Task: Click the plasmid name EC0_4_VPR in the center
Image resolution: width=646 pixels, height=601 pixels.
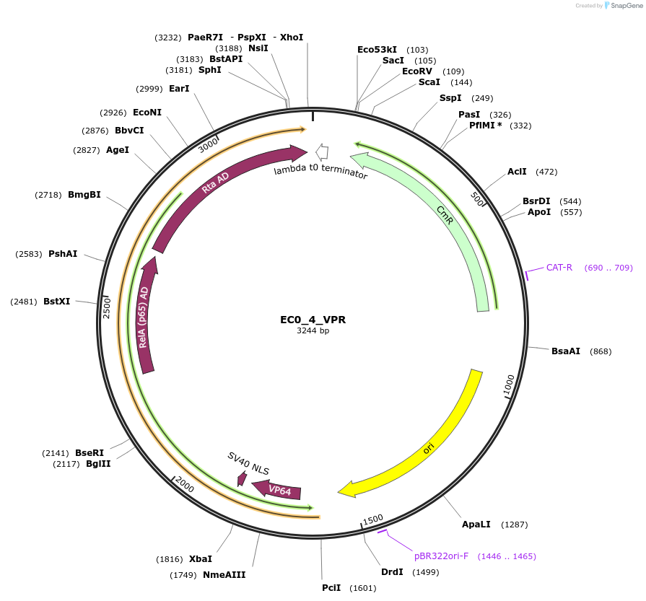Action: pos(313,319)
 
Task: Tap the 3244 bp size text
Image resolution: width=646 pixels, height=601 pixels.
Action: pos(313,331)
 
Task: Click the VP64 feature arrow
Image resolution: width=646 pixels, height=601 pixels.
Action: pos(278,491)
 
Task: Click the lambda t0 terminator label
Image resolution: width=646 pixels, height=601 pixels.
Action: pos(320,172)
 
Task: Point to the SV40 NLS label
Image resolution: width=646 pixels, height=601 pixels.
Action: pos(248,464)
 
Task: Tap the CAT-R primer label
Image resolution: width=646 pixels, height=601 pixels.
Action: pos(559,268)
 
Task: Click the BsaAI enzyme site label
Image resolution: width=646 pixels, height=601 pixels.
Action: pos(566,351)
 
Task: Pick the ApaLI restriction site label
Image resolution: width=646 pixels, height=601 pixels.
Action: pos(476,525)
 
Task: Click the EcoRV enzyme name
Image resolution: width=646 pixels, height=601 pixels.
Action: pos(418,71)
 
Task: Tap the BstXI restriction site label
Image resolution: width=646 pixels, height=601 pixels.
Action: pos(56,302)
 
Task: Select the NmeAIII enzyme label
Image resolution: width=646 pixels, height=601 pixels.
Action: pos(224,575)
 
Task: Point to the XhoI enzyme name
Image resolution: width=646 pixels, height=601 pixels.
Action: pos(292,37)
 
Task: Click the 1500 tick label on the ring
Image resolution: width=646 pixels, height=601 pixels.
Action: pos(372,519)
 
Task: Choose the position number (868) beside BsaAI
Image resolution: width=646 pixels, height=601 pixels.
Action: pos(601,351)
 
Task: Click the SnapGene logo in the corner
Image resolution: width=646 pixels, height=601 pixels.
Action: pos(622,6)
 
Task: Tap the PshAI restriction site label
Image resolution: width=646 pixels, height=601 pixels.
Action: pos(63,254)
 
